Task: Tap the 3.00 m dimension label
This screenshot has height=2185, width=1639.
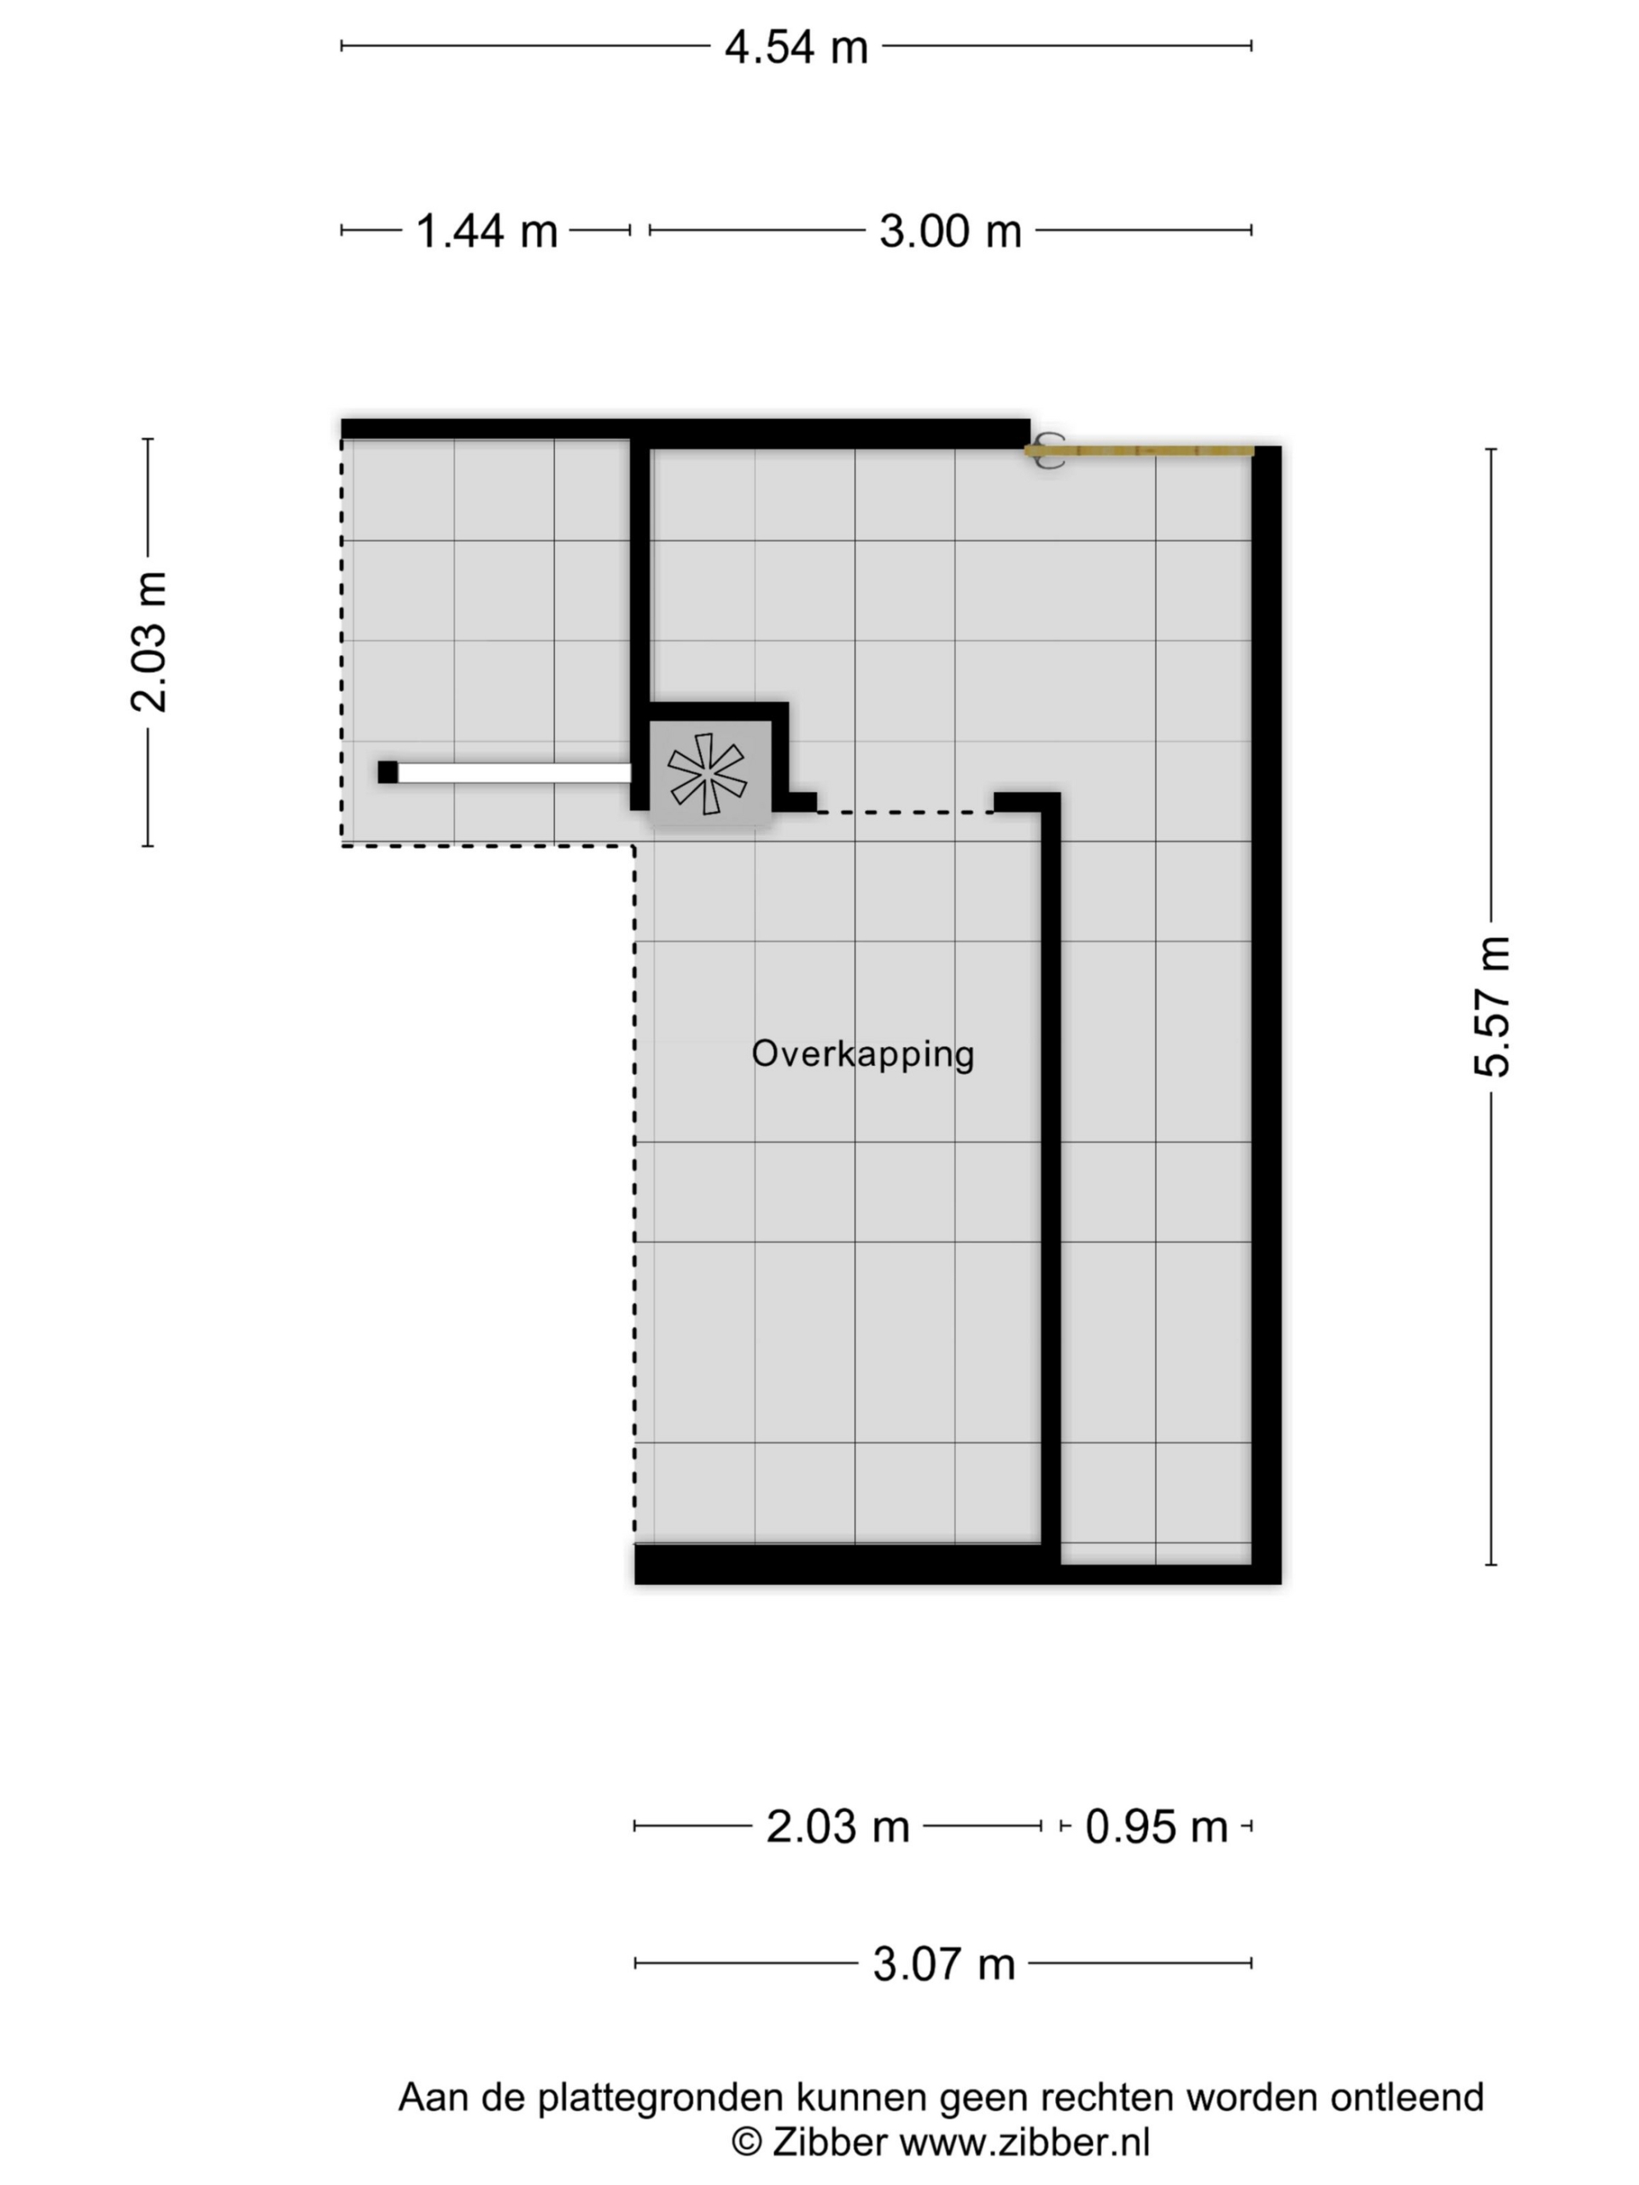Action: [950, 231]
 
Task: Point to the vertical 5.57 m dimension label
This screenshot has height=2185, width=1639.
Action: [1492, 1005]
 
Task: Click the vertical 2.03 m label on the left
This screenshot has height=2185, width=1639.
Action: [149, 642]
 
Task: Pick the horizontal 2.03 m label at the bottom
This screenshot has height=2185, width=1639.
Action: [837, 1827]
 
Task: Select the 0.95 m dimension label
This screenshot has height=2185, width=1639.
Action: [1156, 1827]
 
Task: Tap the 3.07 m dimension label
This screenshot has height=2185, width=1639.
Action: [943, 1964]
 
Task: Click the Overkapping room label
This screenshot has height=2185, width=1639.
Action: [862, 1054]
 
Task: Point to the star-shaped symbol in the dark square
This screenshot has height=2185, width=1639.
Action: [708, 773]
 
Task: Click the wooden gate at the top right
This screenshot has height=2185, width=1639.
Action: [1139, 452]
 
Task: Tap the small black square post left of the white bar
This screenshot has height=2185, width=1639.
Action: [388, 772]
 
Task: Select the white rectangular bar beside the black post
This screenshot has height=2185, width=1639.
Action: [514, 772]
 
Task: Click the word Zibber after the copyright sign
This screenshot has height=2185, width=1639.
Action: [829, 2142]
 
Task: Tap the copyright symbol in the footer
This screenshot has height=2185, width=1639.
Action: [746, 2142]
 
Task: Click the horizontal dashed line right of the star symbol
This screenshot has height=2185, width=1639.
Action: [905, 812]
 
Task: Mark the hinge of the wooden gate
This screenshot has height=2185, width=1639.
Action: [1048, 452]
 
